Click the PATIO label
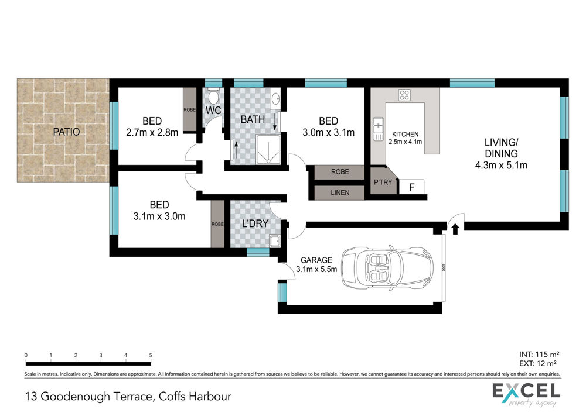[x=66, y=132]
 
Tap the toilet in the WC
[x=213, y=96]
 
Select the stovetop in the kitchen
[x=404, y=95]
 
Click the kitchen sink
[x=378, y=129]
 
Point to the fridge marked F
[x=412, y=187]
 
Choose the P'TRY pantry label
[x=383, y=182]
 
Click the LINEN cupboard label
[x=340, y=192]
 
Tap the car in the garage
[x=387, y=269]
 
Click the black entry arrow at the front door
[x=455, y=229]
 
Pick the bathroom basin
[x=275, y=99]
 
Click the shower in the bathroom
[x=268, y=150]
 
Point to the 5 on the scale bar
[x=151, y=355]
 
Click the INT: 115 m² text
[x=539, y=355]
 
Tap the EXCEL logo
[x=526, y=394]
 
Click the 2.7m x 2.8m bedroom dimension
[x=152, y=132]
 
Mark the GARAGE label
[x=316, y=260]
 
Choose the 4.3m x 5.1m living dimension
[x=501, y=165]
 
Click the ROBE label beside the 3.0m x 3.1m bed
[x=340, y=172]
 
